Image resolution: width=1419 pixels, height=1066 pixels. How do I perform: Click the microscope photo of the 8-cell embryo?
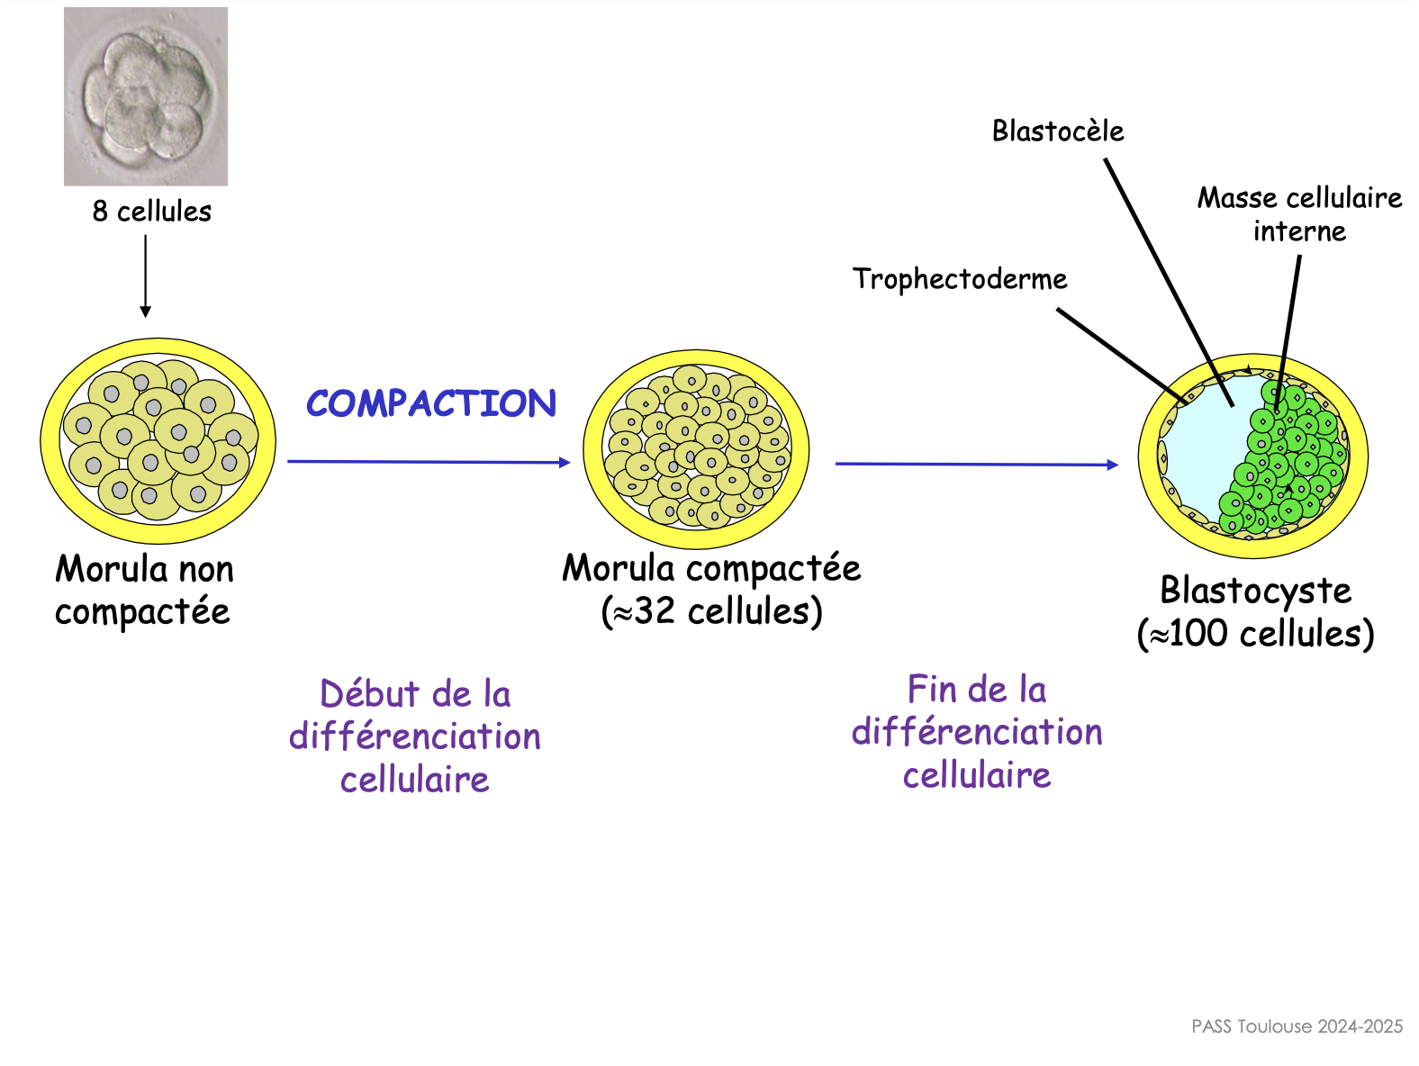pos(146,96)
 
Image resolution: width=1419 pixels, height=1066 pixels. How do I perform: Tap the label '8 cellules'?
pos(152,212)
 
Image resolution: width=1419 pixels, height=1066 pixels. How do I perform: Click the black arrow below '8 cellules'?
pos(145,276)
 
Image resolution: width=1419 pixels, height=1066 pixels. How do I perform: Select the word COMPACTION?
pos(431,403)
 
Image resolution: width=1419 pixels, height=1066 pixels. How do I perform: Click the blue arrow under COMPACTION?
pos(429,462)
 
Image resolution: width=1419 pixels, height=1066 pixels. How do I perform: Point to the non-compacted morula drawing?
pos(158,441)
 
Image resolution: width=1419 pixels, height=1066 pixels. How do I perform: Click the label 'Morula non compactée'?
pos(144,590)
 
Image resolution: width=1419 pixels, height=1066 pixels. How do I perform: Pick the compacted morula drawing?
pos(696,448)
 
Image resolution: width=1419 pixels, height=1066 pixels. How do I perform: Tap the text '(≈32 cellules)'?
pos(711,611)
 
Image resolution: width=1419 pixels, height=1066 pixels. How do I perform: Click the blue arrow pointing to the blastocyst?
pos(976,465)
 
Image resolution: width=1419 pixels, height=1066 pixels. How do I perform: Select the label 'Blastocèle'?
pos(1058,131)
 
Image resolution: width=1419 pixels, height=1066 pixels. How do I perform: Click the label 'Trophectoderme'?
pos(960,279)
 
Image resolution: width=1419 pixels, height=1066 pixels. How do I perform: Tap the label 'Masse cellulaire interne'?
pos(1299,214)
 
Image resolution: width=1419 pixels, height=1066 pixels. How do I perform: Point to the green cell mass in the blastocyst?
pos(1288,459)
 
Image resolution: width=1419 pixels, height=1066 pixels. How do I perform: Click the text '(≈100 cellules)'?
pos(1256,634)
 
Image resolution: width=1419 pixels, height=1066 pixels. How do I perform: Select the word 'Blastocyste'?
pos(1256,591)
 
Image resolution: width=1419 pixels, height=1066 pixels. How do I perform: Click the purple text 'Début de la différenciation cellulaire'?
pos(415,736)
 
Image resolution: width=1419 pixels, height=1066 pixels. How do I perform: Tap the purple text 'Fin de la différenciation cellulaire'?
pos(977,732)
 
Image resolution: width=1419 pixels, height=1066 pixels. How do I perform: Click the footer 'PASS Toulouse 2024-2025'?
pos(1297,1026)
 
